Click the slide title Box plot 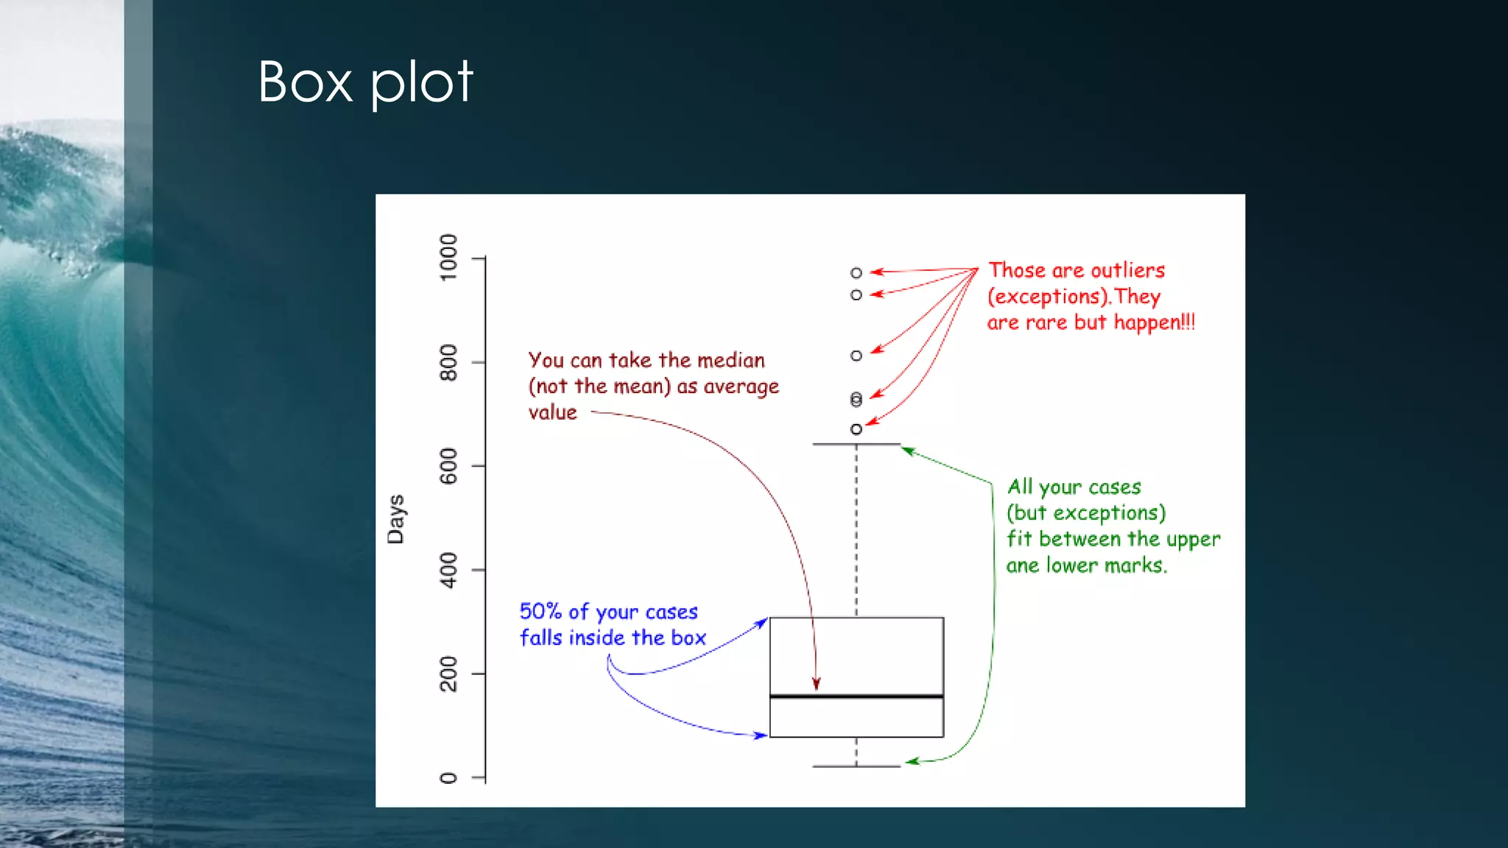364,82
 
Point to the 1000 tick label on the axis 448,257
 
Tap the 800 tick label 448,362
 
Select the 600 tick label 448,466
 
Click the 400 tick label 448,570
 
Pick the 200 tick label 448,674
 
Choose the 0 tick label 448,778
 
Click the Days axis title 396,519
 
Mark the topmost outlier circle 856,273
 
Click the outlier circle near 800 856,356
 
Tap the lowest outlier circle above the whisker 856,429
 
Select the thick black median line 856,696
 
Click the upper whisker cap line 856,444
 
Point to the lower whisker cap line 856,766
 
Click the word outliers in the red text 1127,271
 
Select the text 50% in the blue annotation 540,612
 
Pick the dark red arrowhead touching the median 816,685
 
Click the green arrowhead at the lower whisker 911,761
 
